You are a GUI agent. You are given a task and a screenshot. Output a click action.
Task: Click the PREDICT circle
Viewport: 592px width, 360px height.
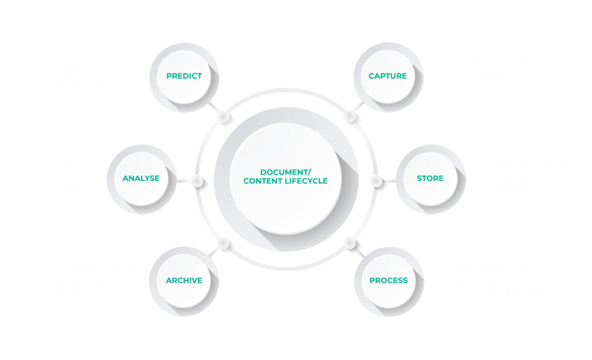(184, 76)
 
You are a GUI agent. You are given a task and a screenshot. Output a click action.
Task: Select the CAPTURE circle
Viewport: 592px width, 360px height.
(388, 76)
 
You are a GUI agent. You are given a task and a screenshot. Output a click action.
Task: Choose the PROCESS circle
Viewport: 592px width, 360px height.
(388, 280)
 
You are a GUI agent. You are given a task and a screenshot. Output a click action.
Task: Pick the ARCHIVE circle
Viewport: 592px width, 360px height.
(184, 280)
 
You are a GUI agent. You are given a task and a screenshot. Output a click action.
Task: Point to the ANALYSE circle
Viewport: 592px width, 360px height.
(141, 178)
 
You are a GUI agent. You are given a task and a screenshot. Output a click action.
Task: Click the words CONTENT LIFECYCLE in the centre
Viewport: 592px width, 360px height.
(285, 181)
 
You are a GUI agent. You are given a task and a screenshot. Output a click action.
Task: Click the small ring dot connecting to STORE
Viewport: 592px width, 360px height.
(376, 181)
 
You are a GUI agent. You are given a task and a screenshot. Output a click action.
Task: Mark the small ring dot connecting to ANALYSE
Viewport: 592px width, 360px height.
(197, 181)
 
